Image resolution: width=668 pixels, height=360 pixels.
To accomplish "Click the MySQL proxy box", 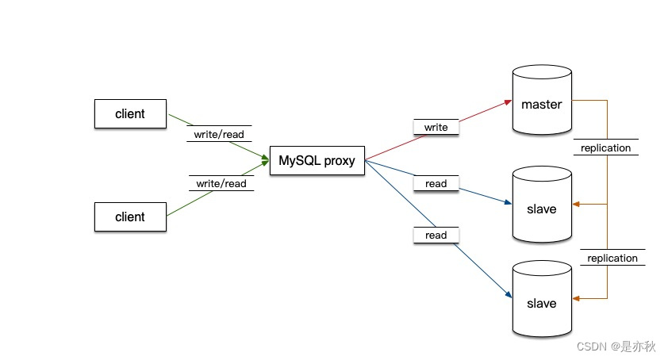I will click(x=317, y=161).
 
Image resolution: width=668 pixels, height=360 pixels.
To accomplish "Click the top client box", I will click(x=130, y=113).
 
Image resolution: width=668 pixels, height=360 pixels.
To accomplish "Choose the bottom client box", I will click(x=130, y=216).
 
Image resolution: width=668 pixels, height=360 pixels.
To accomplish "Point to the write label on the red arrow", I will click(x=436, y=127).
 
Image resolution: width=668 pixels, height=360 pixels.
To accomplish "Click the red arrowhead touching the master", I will click(x=507, y=102).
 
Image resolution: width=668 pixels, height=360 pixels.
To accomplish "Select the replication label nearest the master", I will click(x=605, y=147).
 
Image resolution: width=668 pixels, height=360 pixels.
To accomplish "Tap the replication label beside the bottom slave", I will click(x=612, y=258).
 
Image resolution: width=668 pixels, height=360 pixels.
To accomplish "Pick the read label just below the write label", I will click(x=436, y=183).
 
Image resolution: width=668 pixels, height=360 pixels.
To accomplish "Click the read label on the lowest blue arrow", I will click(x=436, y=235).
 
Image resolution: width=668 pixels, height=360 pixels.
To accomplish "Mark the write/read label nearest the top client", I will click(x=219, y=134).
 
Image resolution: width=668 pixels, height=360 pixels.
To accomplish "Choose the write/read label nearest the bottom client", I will click(x=221, y=183).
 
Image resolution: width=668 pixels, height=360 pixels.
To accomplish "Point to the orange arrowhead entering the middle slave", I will click(x=577, y=205).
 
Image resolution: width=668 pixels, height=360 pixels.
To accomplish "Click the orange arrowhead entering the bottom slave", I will click(x=577, y=298).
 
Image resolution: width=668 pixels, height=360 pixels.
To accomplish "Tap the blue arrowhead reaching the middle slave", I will click(x=507, y=203).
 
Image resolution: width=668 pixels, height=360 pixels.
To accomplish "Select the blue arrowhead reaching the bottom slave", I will click(x=507, y=295).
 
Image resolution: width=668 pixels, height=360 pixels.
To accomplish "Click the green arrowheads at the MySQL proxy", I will click(x=265, y=161).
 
